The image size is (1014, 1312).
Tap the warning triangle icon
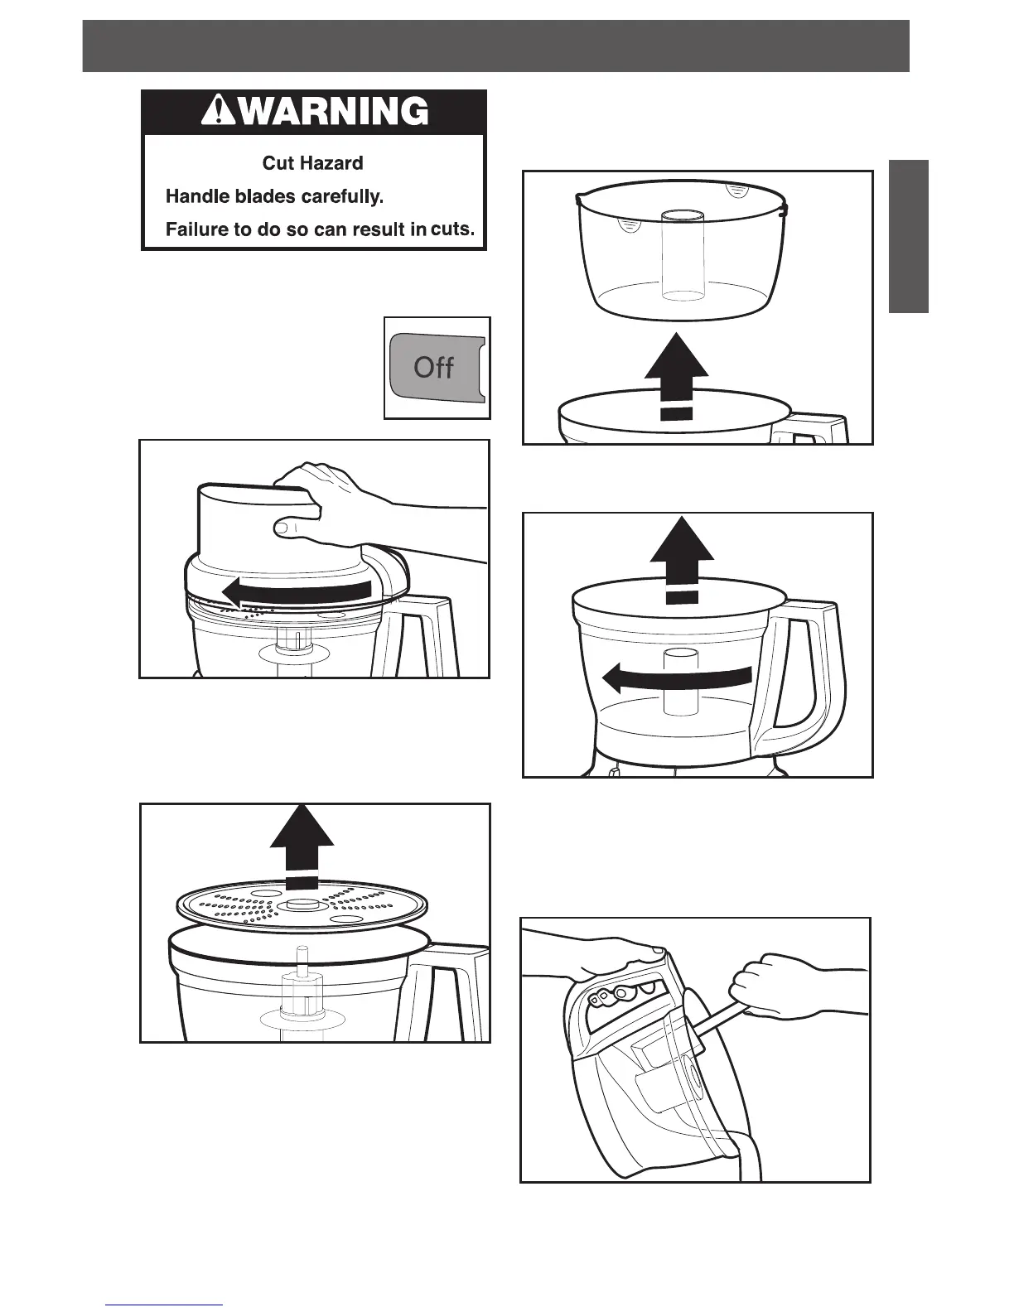pos(217,111)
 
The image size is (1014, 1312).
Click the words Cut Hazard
pos(312,163)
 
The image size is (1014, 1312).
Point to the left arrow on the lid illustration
pos(296,591)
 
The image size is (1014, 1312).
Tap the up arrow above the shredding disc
pos(302,845)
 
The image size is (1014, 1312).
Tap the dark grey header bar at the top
pos(495,46)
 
